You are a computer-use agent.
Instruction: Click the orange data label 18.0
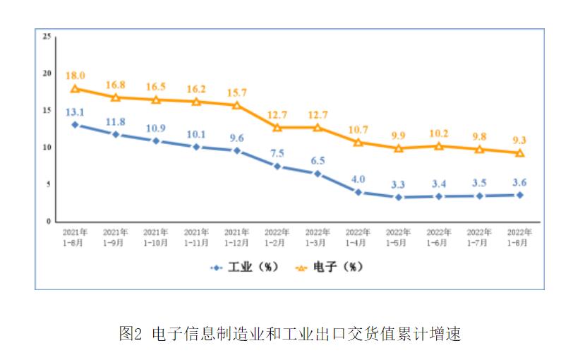(x=75, y=76)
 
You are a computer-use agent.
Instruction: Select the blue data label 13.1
(x=75, y=111)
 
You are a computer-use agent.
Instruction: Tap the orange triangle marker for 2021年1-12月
(x=236, y=105)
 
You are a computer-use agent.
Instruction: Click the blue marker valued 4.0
(x=358, y=192)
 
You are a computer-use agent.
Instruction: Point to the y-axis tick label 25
(x=47, y=36)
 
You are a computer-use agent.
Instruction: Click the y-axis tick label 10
(x=47, y=148)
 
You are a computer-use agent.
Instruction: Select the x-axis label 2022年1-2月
(x=277, y=236)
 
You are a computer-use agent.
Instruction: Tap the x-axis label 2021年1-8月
(x=75, y=236)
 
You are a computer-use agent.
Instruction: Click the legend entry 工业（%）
(x=245, y=268)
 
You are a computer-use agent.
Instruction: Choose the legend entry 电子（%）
(x=325, y=268)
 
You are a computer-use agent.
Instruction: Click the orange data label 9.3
(x=519, y=140)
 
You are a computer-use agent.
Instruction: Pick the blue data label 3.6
(x=519, y=182)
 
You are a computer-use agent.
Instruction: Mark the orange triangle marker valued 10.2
(x=439, y=146)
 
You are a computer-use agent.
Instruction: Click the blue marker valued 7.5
(x=277, y=167)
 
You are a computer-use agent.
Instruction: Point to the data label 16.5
(x=155, y=87)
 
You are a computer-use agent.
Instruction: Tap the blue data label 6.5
(x=317, y=160)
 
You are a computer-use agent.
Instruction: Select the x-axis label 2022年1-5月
(x=398, y=236)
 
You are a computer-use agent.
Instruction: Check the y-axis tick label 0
(x=49, y=222)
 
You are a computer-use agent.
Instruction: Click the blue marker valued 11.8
(x=115, y=134)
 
